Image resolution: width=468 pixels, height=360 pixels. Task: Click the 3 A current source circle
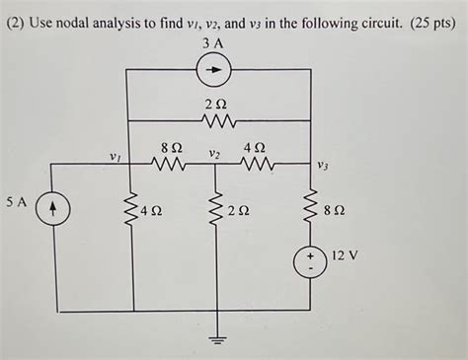pos(216,69)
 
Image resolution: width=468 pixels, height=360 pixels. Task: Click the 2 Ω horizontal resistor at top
pos(216,121)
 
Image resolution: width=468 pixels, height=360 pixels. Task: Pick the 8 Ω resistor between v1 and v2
pos(171,164)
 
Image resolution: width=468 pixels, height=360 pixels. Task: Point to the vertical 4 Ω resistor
pos(130,209)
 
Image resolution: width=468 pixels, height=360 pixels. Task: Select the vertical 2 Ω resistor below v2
pos(216,209)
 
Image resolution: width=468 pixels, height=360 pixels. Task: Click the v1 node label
pos(116,155)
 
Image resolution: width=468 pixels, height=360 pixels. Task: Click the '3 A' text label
pos(213,43)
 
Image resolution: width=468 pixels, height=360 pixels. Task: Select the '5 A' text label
pos(16,200)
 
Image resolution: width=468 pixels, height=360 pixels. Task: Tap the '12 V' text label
pos(345,254)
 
